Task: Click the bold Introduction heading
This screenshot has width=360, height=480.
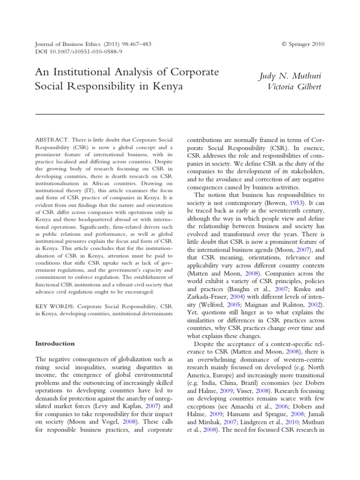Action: pyautogui.click(x=55, y=344)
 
